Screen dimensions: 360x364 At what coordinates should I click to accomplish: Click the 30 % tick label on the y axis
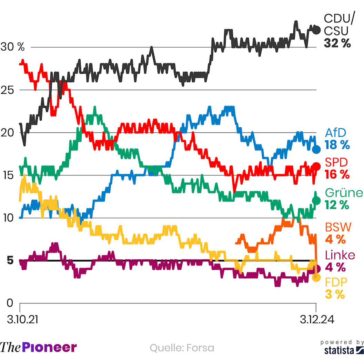tap(12, 47)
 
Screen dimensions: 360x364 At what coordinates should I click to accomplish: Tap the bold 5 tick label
tap(10, 260)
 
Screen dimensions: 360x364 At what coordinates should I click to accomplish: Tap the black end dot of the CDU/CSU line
tap(316, 30)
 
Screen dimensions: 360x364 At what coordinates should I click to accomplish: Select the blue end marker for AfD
tap(316, 149)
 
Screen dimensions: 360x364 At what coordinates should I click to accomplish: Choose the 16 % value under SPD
tap(337, 174)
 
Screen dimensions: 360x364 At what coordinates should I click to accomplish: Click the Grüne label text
tap(343, 192)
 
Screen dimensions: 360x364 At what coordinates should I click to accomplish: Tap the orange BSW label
tap(338, 227)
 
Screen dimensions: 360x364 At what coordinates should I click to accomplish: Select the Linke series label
tap(340, 255)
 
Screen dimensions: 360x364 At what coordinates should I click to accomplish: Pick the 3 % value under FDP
tap(334, 294)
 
